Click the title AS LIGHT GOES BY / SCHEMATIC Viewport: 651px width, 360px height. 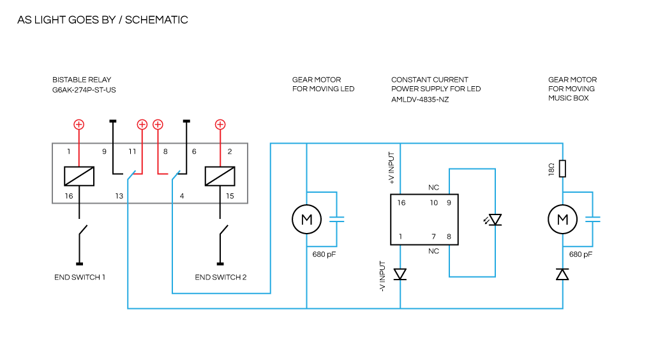point(102,20)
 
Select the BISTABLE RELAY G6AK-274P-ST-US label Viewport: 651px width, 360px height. point(84,85)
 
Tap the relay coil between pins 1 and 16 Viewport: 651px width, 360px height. point(80,176)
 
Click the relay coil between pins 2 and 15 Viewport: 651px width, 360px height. point(220,176)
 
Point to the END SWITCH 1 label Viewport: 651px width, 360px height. point(80,278)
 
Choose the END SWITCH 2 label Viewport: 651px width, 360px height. point(220,278)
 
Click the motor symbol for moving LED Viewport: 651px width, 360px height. point(306,220)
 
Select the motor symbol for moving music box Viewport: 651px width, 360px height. point(562,220)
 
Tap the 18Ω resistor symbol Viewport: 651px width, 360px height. point(562,169)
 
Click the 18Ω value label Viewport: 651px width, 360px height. point(550,169)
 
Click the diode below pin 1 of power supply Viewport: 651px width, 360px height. point(400,274)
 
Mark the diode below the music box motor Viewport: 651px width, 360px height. point(562,274)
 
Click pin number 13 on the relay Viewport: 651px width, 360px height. point(119,196)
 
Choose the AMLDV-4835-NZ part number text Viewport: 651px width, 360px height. point(420,100)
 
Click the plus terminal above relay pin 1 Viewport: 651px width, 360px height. point(79,124)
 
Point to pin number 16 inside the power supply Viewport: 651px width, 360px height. point(401,203)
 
